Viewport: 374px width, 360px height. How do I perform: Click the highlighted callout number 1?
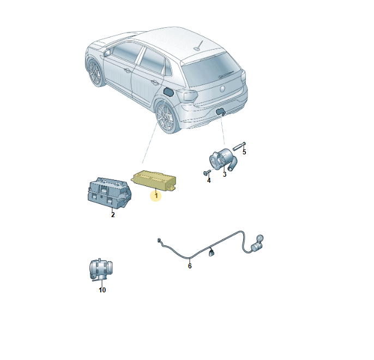[x=156, y=196]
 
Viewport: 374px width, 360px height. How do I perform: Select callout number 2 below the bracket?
[x=113, y=215]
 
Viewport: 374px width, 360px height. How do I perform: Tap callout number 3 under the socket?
[x=225, y=175]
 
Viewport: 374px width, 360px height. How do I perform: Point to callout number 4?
[x=209, y=181]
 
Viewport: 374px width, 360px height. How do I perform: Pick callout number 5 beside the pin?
[x=244, y=152]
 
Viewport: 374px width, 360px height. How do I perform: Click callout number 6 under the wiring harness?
[x=190, y=266]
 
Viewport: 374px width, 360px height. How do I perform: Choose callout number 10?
[x=102, y=290]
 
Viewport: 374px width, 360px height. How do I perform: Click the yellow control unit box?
[x=154, y=180]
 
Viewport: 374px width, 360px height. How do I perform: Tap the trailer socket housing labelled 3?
[x=222, y=159]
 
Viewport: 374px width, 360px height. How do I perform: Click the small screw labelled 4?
[x=207, y=172]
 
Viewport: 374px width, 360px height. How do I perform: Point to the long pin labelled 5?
[x=239, y=146]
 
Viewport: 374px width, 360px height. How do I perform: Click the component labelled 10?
[x=101, y=269]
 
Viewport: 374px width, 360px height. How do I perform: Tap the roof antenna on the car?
[x=199, y=46]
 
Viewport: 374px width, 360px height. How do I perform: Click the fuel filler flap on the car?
[x=168, y=92]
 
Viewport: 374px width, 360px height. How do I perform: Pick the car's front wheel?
[x=95, y=73]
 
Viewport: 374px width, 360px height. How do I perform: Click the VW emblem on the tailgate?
[x=222, y=89]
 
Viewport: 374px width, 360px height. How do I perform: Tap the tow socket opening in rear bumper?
[x=220, y=111]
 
